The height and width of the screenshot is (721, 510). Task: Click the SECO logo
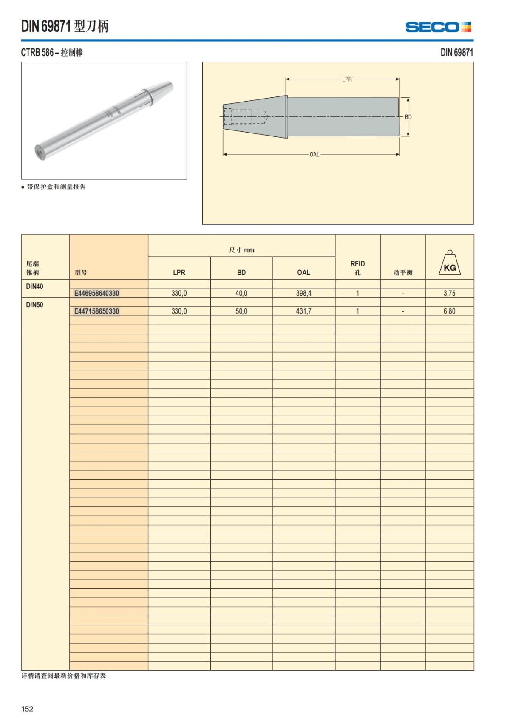(438, 27)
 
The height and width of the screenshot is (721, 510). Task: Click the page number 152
(27, 709)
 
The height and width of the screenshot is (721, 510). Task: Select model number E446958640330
(96, 293)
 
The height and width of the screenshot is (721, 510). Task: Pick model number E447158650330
(96, 311)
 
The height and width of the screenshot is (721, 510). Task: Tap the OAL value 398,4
(303, 293)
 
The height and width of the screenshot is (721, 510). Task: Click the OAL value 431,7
(303, 311)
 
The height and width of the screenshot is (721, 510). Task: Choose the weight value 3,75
(449, 293)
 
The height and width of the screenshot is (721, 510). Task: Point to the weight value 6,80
(449, 311)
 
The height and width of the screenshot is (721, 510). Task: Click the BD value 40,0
(241, 293)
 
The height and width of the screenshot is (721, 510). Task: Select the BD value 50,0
(241, 311)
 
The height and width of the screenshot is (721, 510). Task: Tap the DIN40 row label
(34, 286)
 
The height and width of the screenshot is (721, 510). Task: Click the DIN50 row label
(34, 305)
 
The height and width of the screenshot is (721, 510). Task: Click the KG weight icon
(450, 263)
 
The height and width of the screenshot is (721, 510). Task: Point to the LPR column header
(179, 272)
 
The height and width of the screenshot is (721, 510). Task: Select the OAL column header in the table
(303, 272)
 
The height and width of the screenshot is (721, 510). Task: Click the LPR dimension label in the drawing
(347, 79)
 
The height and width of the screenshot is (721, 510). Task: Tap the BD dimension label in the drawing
(408, 117)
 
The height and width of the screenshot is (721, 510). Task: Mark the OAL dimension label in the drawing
(314, 154)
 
